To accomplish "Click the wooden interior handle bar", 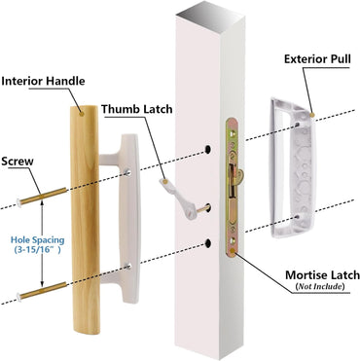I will point(87,204).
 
